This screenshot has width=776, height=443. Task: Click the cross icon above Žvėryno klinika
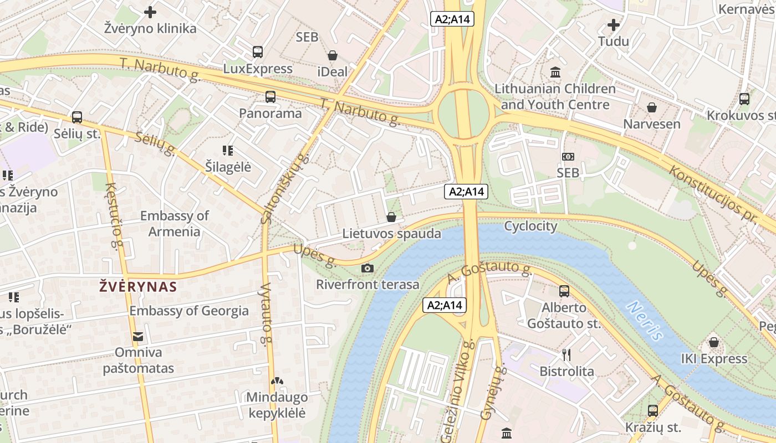click(150, 12)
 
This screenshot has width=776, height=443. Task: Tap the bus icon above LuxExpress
click(257, 52)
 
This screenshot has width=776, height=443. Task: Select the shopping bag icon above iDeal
click(333, 55)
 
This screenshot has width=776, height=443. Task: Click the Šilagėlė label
click(228, 167)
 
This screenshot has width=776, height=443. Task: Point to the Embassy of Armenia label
click(174, 224)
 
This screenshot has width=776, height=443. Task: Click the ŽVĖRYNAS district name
click(138, 286)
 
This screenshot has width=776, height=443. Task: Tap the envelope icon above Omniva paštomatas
click(137, 336)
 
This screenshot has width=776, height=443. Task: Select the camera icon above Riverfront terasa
click(367, 269)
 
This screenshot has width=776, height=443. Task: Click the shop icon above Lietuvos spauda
click(391, 217)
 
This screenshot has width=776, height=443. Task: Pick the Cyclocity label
click(530, 226)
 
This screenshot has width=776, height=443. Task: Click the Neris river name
click(645, 321)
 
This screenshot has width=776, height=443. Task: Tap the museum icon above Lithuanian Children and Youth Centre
click(555, 72)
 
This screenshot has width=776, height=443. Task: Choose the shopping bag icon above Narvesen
click(652, 107)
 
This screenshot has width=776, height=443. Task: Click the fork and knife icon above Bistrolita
click(566, 355)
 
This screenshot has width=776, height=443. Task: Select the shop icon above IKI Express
click(714, 342)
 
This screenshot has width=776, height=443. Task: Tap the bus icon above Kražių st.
click(653, 411)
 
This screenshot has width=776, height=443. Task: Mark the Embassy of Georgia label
click(189, 311)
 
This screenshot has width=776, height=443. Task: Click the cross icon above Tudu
click(613, 25)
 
